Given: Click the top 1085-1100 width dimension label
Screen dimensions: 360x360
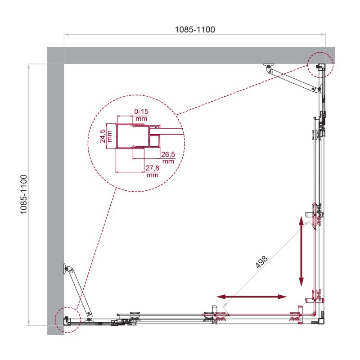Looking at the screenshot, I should (195, 30).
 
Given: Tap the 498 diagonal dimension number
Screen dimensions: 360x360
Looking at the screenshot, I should (262, 262).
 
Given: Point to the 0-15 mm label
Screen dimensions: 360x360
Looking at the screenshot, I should (141, 114).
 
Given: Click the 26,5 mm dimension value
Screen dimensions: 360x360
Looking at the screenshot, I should (168, 157).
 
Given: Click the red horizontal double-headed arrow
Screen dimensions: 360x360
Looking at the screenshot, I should (252, 297).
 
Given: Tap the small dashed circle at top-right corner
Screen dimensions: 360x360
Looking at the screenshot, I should (320, 63).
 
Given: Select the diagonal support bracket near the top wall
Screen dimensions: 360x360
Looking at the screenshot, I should (295, 79).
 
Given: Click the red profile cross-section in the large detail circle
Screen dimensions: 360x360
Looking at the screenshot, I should (135, 136).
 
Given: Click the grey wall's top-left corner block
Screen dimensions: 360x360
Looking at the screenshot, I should (55, 55).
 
